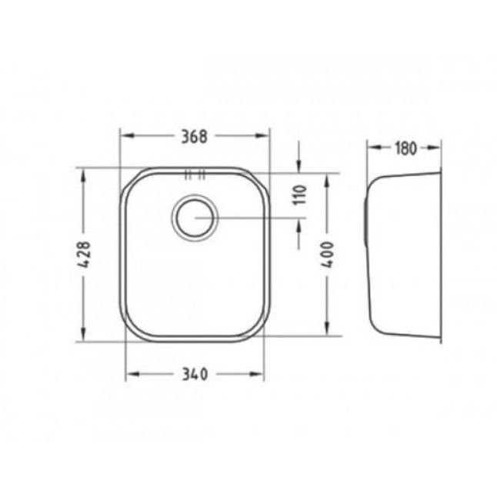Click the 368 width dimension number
(194, 136)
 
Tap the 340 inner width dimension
(195, 375)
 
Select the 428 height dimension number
(85, 255)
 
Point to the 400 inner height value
(328, 255)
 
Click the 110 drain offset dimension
(300, 195)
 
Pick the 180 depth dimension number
(405, 148)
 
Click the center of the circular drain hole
(195, 218)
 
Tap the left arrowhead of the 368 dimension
(127, 135)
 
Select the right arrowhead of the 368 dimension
(262, 135)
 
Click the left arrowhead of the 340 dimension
(132, 374)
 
